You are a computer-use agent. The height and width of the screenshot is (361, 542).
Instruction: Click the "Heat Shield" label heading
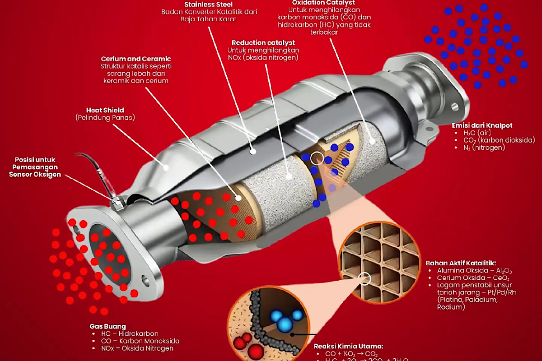(105, 110)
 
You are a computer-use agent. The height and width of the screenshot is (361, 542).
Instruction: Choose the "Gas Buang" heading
(107, 326)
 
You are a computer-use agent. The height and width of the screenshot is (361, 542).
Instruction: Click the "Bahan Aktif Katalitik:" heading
(461, 263)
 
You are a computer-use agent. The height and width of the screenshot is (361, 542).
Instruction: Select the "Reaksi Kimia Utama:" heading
(348, 346)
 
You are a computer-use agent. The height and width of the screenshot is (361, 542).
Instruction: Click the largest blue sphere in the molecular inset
(285, 323)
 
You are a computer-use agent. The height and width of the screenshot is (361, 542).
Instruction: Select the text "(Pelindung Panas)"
(105, 118)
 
